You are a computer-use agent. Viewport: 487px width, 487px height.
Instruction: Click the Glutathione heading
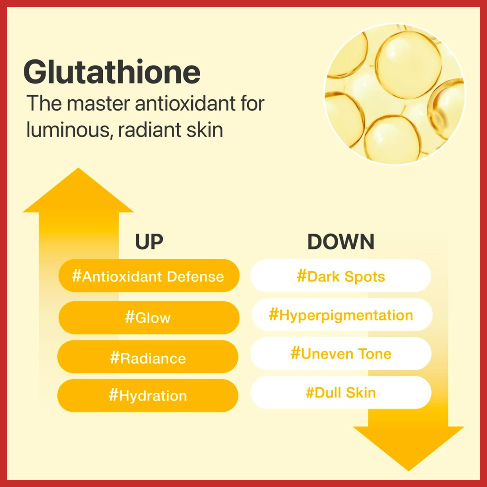coord(112,72)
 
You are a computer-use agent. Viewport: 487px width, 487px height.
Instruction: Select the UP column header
coord(149,242)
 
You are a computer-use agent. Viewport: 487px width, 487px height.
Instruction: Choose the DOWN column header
coord(341,242)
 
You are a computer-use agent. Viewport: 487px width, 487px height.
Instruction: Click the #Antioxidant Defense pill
coord(149,276)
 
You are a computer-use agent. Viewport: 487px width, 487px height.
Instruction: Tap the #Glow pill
coord(149,317)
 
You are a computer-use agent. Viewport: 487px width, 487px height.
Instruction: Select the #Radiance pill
coord(148,357)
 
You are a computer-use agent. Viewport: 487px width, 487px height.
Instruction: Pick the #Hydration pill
coord(148,395)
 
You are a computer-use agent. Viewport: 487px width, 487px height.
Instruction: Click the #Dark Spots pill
coord(341,276)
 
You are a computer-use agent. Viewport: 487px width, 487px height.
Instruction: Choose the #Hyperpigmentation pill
coord(341,314)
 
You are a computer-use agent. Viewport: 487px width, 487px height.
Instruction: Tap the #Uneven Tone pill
coord(341,354)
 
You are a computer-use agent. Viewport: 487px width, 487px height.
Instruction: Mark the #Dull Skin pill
coord(341,392)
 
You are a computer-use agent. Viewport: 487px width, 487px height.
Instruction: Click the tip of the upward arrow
coord(78,168)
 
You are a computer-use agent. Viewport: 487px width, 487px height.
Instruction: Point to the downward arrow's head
coord(409,449)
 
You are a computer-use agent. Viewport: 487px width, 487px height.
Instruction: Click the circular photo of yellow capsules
coord(395,94)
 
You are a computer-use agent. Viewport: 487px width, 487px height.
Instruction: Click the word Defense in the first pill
coord(195,276)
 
